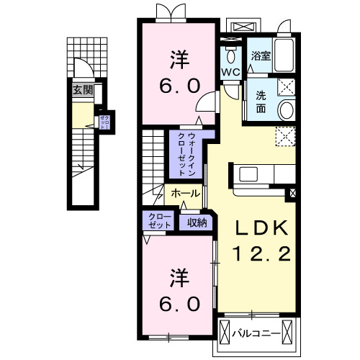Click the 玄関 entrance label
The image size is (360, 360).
pos(81,90)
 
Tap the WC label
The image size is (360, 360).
pos(230,73)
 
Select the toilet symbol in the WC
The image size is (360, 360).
pos(230,55)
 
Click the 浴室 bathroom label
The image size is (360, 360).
pos(260,57)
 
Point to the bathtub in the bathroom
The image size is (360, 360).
pos(285,54)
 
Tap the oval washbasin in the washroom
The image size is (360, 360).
pos(286,109)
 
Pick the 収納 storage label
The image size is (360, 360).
pos(197,222)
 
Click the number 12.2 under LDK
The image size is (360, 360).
pos(261,253)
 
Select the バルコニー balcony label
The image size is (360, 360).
pos(258,333)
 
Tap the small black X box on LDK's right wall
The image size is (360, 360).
pos(292,193)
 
